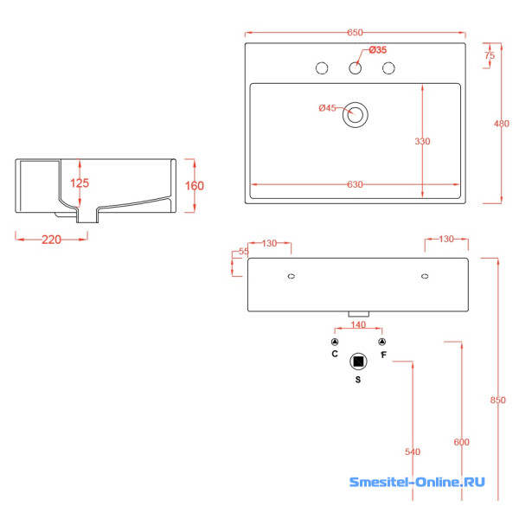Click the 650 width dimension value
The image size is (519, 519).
coord(356,33)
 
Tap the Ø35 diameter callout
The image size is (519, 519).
coord(377,49)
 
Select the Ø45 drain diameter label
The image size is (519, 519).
coord(327,108)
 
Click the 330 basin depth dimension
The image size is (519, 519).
coord(422,141)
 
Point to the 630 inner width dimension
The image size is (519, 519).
coord(356,184)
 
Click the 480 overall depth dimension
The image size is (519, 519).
coord(501,124)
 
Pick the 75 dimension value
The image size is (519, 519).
coord(490,55)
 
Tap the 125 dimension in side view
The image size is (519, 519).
coord(80,183)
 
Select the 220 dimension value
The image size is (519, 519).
coord(51,240)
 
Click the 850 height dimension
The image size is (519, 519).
coord(497,400)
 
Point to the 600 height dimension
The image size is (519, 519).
coord(461,442)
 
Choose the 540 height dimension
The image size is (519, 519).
coord(412,452)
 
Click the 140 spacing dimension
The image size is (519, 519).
coord(358,325)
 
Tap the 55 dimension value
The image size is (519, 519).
coord(243,251)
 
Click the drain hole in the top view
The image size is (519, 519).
coord(356,114)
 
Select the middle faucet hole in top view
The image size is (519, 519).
coord(356,67)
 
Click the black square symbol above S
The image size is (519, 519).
coord(357,362)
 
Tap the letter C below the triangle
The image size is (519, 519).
coord(334,354)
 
